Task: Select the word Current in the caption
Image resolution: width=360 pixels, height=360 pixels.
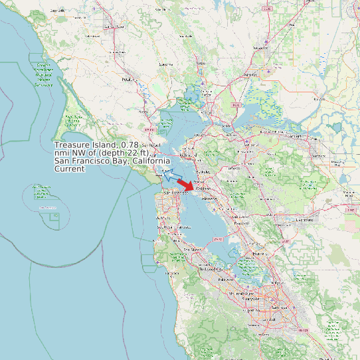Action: (x=69, y=169)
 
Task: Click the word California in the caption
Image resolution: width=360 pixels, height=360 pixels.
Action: (x=149, y=161)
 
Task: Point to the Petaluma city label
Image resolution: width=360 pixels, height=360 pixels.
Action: (x=129, y=79)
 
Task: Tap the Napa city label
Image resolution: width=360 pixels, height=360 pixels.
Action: (x=200, y=64)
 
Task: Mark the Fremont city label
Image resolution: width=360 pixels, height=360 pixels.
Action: (x=258, y=253)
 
